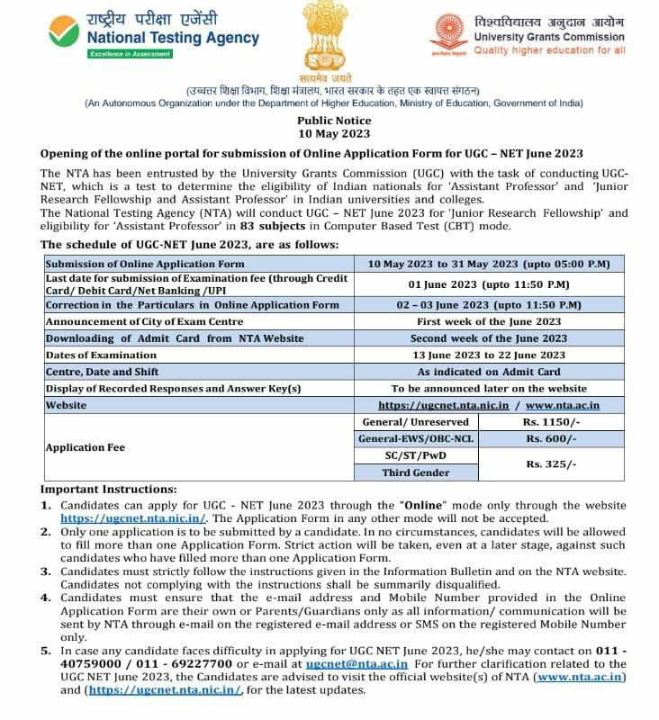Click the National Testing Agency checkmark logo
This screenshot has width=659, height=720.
click(x=65, y=33)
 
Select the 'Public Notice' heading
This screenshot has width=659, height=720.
click(x=334, y=121)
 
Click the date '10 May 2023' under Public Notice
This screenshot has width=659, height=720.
click(x=334, y=133)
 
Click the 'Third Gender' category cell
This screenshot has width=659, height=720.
click(x=417, y=472)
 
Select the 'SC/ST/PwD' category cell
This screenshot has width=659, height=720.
click(x=417, y=455)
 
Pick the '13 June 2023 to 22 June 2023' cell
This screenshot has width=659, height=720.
click(x=489, y=355)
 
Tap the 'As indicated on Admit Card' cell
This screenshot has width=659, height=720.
click(x=489, y=372)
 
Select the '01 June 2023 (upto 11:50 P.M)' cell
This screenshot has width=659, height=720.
click(x=489, y=284)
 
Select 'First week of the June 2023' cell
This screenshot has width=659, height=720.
click(x=489, y=321)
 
